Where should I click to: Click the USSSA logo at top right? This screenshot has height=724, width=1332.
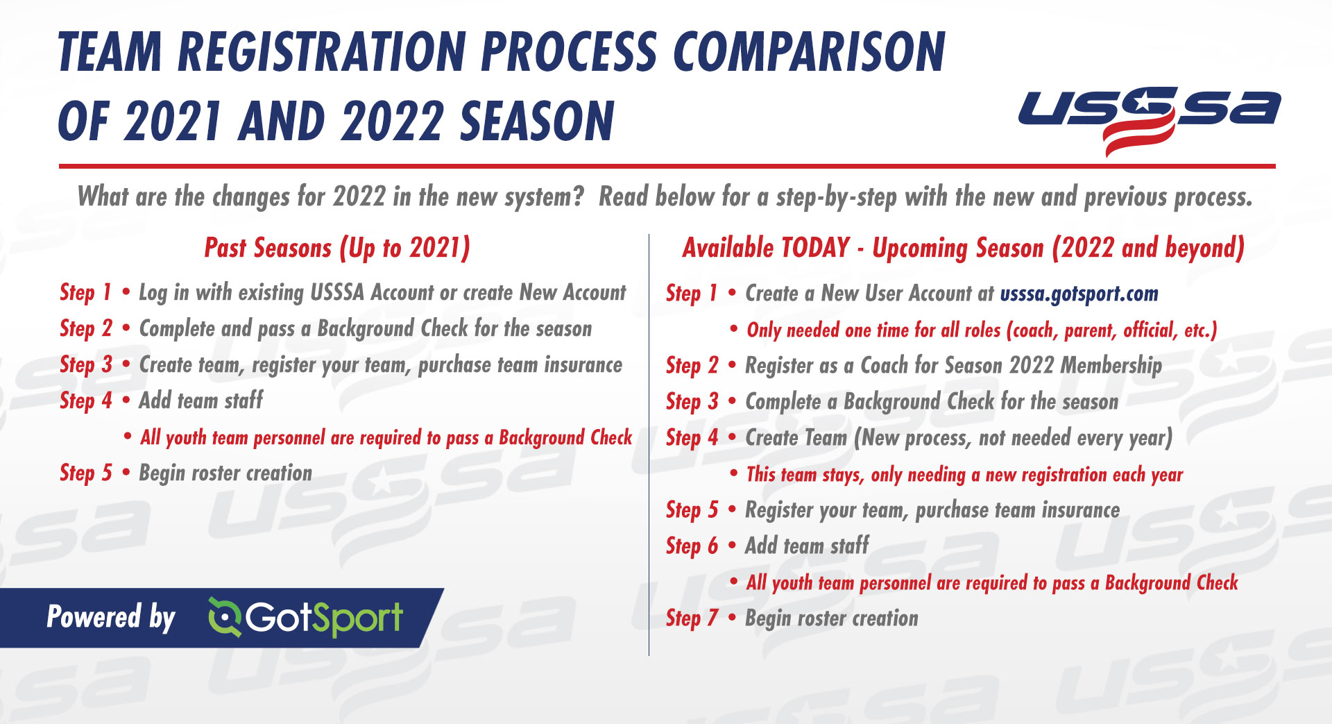point(1150,118)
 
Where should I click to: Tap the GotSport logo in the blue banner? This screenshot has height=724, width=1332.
point(305,617)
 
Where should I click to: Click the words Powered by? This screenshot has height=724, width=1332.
point(111,617)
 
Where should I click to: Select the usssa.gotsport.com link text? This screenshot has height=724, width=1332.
point(1079,294)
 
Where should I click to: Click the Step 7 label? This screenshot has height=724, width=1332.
point(692,618)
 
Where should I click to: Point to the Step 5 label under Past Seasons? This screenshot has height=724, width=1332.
point(86,473)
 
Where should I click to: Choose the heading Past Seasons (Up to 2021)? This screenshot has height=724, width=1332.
point(337,249)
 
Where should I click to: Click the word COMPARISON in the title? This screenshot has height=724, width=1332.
point(810,52)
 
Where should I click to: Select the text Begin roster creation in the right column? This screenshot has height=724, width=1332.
point(832,618)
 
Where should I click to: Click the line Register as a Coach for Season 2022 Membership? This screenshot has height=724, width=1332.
point(953,366)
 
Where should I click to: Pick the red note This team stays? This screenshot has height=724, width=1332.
point(964,475)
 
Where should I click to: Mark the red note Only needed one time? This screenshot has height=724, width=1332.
point(982,330)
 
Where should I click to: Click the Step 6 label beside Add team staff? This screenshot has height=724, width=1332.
point(692,546)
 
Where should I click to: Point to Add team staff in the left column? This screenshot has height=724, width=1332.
point(201,401)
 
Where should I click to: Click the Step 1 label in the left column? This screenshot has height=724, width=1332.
point(85,292)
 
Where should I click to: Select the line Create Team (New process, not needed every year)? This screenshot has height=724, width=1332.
point(959,438)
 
